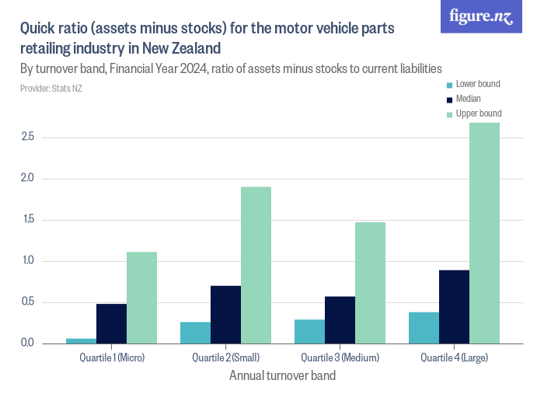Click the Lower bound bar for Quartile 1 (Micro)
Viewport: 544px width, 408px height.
81,340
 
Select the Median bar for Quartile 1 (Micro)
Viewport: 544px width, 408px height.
111,323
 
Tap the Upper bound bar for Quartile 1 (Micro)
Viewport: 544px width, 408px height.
141,298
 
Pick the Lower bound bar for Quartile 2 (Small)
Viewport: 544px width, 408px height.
195,333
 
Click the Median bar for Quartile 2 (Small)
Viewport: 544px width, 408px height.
225,315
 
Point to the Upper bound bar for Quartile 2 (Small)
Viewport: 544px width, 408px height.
256,265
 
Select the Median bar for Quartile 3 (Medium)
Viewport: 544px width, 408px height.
340,319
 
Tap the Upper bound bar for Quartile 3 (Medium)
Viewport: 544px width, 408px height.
370,283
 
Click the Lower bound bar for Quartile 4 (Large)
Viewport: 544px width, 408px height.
424,327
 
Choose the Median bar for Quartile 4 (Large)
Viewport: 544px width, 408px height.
454,306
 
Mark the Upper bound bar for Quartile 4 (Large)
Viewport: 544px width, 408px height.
484,232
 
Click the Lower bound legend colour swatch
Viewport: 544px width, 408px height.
448,85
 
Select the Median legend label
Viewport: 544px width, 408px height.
468,99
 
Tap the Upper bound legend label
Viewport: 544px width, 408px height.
478,113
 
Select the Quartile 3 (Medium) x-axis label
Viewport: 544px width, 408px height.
340,357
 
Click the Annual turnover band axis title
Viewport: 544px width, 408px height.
283,376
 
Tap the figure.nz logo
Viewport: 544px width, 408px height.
481,16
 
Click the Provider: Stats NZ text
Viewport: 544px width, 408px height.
51,89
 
